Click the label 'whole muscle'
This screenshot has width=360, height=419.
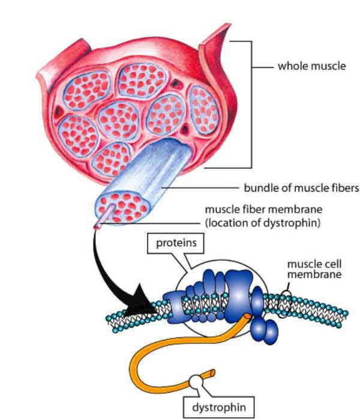pos(311,65)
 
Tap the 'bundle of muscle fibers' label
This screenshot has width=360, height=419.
pos(300,188)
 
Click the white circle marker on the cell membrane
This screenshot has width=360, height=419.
pos(287,296)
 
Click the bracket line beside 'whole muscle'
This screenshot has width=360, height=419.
pos(248,102)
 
